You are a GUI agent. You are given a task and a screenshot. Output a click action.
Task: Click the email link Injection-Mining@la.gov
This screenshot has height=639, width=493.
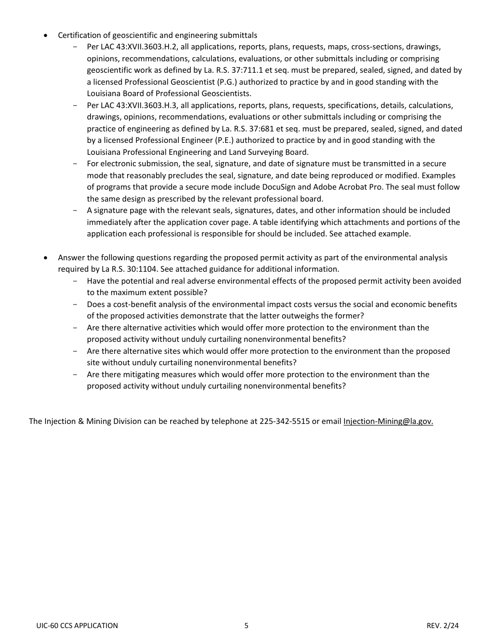[x=388, y=421]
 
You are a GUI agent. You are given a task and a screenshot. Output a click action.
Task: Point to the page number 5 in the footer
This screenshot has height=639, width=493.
[x=246, y=625]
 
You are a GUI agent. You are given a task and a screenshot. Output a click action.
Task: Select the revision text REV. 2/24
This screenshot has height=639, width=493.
[x=443, y=625]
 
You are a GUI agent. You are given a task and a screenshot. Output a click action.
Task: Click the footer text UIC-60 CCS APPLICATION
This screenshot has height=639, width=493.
[x=77, y=625]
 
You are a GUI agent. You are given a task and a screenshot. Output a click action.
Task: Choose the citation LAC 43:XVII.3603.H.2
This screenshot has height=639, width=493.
[x=137, y=47]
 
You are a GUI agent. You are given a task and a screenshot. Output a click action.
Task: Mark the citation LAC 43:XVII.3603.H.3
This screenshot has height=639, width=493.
[x=137, y=105]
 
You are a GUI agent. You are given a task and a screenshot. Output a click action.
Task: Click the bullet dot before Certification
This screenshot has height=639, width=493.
[x=46, y=36]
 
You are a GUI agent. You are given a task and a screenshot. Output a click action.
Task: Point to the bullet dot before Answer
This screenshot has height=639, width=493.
[x=46, y=258]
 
